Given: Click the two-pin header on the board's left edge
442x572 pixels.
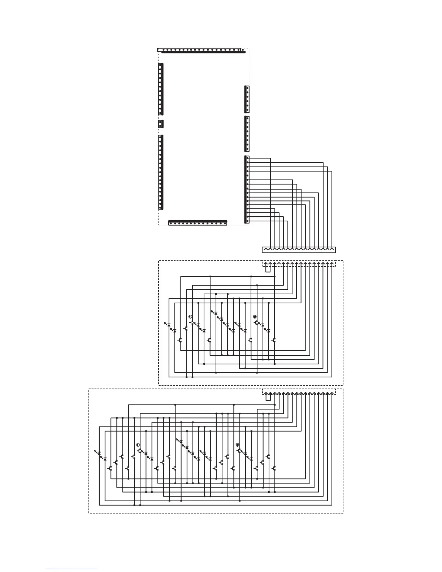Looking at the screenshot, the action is pos(161,124).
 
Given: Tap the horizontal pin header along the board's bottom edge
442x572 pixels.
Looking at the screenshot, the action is pos(198,223).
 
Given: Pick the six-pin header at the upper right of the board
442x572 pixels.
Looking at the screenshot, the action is pos(247,99).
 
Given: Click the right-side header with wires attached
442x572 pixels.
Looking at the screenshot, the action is pos(247,189).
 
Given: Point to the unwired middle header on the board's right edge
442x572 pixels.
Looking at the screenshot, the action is pos(247,134).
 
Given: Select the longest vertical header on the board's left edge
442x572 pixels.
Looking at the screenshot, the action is pos(161,172).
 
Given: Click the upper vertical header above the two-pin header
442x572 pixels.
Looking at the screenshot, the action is pos(161,89).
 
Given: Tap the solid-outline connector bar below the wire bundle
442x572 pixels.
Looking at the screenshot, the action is pos(299,250).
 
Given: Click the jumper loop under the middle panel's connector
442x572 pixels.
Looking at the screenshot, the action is pos(268,268).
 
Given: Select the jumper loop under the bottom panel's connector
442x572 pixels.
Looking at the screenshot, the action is pos(268,396).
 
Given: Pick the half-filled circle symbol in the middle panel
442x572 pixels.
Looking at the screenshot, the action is pos(190,317).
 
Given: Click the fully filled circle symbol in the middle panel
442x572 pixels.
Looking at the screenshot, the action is pos(255,317).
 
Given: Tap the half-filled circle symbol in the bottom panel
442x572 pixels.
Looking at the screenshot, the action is pos(138,445).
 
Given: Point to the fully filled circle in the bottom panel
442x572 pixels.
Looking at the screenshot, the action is pos(238,445).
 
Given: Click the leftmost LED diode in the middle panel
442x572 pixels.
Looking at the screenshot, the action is pos(169,325).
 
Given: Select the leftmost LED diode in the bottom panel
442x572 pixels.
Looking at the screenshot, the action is pos(99,453).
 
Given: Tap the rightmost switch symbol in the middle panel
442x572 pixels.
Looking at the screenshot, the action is pos(274,340).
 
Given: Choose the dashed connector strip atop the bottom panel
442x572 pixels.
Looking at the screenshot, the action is pos(299,392).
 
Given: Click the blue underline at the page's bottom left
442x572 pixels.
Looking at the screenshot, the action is pos(71,569).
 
